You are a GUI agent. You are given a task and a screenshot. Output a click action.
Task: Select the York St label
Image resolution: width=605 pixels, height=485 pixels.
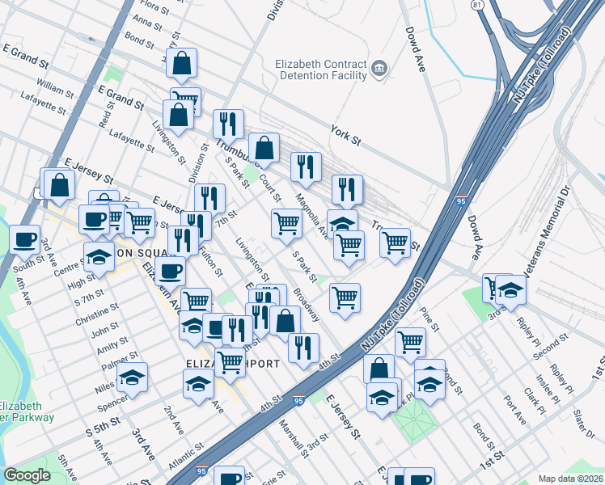[345, 133]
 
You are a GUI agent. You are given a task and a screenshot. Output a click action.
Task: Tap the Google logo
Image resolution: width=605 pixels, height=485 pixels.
[27, 475]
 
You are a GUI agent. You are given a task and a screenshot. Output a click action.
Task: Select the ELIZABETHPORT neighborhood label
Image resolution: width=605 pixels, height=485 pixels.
[234, 364]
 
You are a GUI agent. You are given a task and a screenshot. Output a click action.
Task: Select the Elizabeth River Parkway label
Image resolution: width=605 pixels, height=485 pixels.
[27, 411]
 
